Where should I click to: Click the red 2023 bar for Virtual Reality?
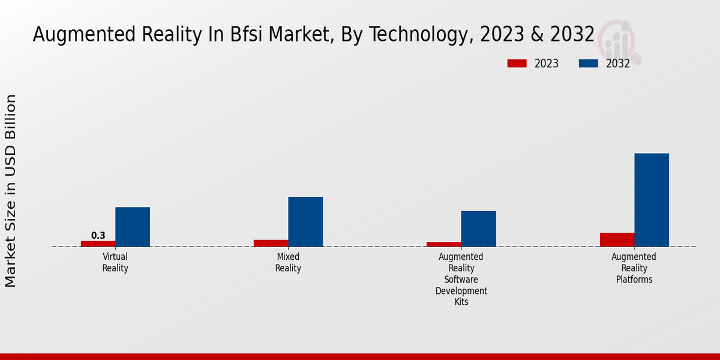point(98,244)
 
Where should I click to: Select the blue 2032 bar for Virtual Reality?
point(133,227)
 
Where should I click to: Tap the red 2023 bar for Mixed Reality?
point(271,243)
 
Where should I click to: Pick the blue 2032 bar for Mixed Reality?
point(305,221)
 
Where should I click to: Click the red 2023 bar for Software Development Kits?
point(443,244)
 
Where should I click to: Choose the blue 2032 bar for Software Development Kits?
point(478,229)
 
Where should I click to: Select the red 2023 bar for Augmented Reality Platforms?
point(617,239)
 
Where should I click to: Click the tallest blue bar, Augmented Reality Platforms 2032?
point(652,200)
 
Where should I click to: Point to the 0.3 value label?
point(98,236)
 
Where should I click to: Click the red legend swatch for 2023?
point(516,64)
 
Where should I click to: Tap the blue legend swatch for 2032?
point(588,64)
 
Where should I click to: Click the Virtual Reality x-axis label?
point(115,262)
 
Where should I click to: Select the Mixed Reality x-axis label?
point(288,262)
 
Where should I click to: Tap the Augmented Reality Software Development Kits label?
point(461,279)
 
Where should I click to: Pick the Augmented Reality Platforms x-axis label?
point(634,268)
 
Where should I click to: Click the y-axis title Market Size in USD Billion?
point(11,191)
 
